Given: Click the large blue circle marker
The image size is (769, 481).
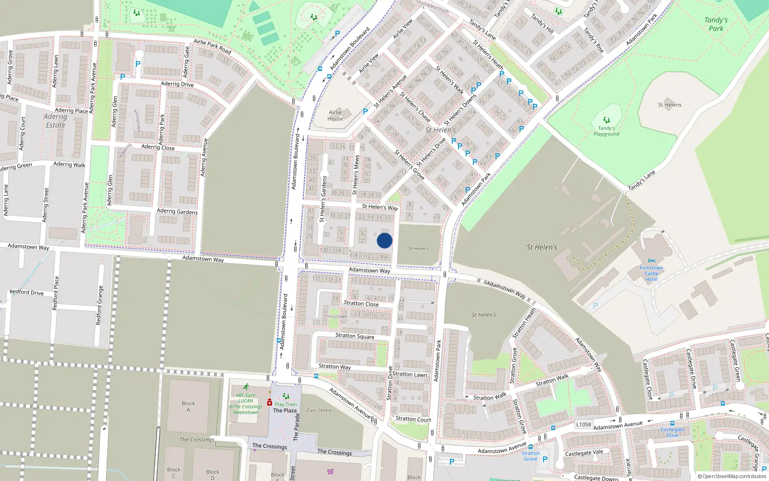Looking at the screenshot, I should click(x=384, y=240).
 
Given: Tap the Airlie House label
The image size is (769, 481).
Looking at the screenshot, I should click(x=335, y=115).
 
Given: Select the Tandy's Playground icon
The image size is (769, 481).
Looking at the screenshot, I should click(x=607, y=120).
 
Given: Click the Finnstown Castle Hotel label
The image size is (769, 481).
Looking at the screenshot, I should click(x=651, y=273).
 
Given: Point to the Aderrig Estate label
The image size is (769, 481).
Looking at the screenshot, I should click(x=55, y=121).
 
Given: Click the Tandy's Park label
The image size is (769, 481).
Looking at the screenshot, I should click(x=716, y=24).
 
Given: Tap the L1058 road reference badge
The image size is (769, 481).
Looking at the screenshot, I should click(x=583, y=424).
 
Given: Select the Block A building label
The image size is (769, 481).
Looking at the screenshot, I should click(x=188, y=406).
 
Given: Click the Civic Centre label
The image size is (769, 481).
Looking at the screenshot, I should click(x=319, y=410).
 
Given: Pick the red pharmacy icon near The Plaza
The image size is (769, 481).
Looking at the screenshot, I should click(x=270, y=402).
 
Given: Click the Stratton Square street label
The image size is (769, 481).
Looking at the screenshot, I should click(x=355, y=336).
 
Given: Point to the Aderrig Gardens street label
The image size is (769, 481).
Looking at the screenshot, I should click(x=177, y=211).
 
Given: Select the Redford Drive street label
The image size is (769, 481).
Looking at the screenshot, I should click(x=26, y=292).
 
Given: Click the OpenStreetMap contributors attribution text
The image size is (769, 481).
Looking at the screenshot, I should click(x=732, y=476).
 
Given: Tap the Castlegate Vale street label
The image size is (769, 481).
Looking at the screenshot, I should click(x=583, y=453).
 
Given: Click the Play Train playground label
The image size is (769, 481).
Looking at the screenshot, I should click(x=285, y=404).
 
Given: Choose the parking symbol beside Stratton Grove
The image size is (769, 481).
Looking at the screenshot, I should click(x=545, y=459).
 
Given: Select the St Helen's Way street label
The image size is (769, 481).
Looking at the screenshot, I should click(x=380, y=207).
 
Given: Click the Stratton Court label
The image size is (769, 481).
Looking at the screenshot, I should click(x=413, y=419).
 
